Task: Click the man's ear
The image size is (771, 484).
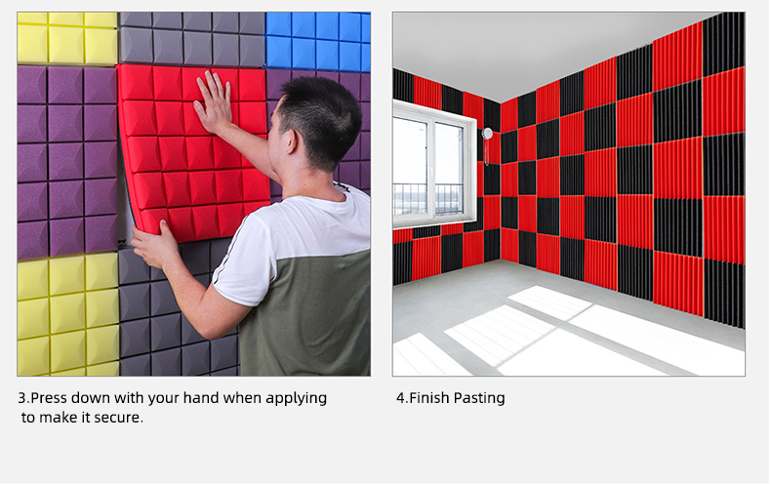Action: pyautogui.click(x=291, y=141)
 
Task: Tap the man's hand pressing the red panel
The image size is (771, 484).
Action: pyautogui.click(x=213, y=103)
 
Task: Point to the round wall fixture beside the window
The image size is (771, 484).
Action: pyautogui.click(x=487, y=134)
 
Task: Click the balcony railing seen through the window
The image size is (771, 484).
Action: pyautogui.click(x=427, y=198)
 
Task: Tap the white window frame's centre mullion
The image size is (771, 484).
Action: pyautogui.click(x=431, y=170)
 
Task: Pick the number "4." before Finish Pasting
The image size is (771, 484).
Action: pyautogui.click(x=402, y=398)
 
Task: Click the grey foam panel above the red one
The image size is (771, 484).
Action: pyautogui.click(x=191, y=39)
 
